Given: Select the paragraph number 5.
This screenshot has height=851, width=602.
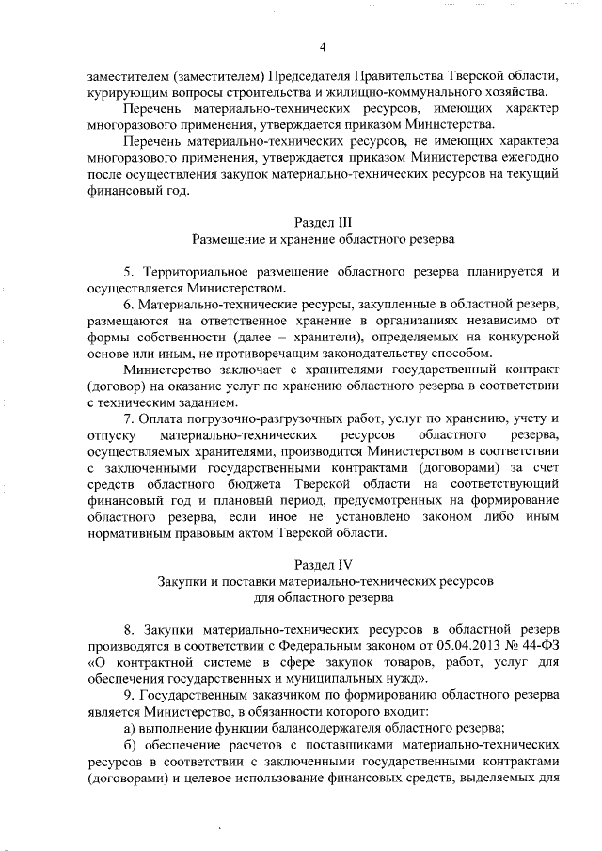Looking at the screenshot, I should pos(130,272).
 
